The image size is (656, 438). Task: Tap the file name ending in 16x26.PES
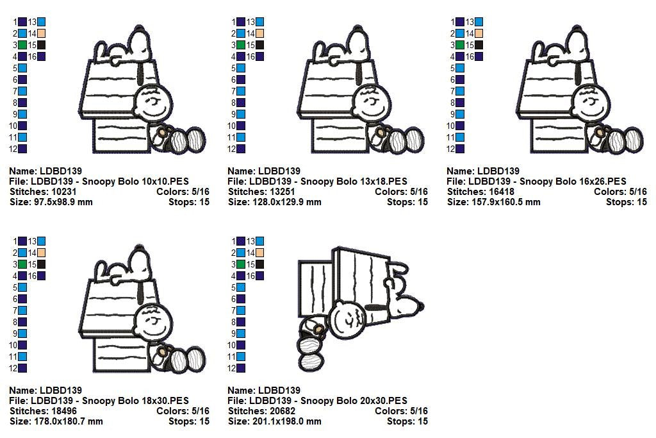point(536,181)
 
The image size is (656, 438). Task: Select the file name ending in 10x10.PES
point(99,181)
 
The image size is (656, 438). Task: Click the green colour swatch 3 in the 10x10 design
point(22,45)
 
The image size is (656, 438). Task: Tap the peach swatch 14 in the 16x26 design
point(479,33)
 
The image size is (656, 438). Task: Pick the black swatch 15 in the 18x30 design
point(41,264)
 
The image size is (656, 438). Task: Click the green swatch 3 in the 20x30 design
point(241,264)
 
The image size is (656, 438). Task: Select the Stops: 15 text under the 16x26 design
point(626,202)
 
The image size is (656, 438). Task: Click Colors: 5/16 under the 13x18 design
point(401,192)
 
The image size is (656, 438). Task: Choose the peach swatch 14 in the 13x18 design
point(259,33)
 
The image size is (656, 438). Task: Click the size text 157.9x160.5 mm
point(494,202)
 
